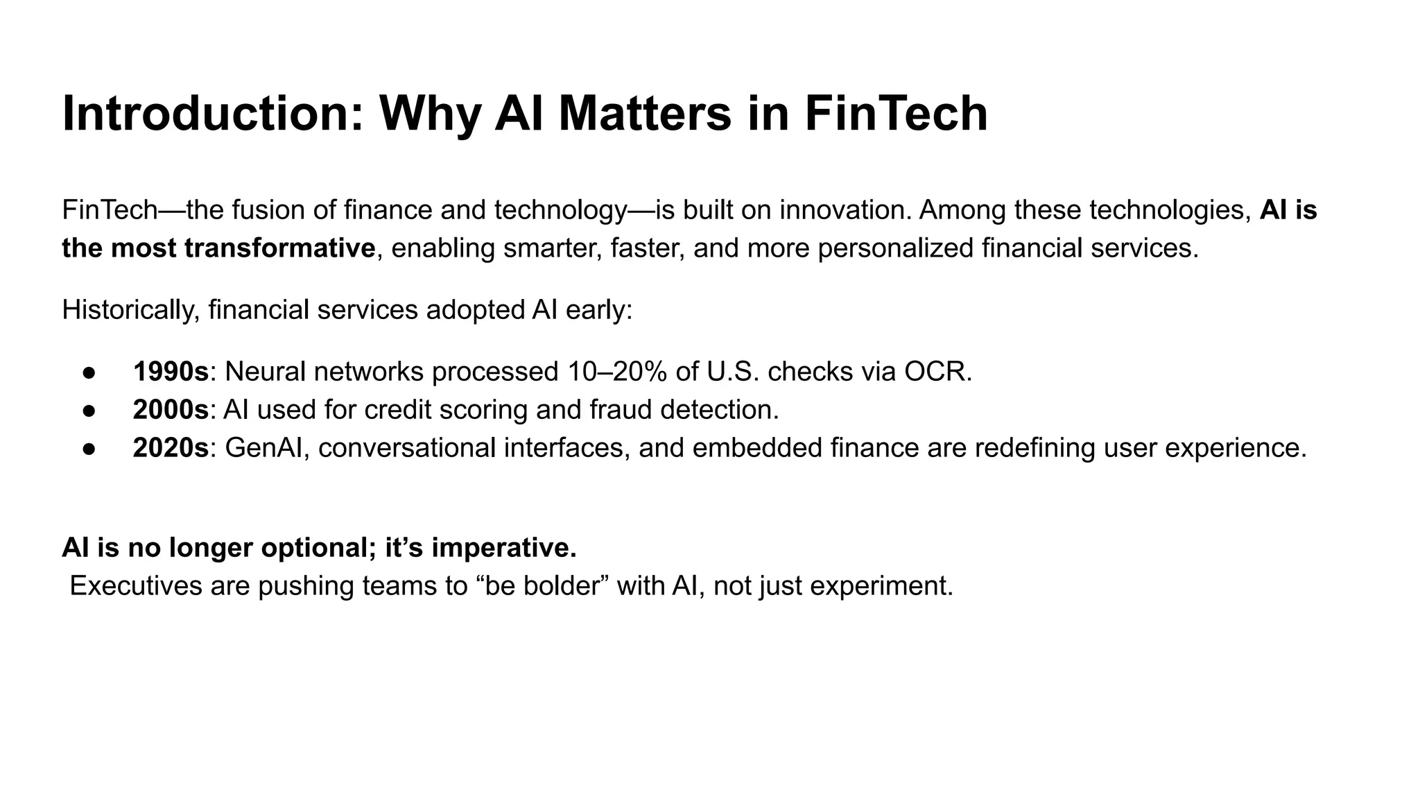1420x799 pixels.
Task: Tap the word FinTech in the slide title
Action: pyautogui.click(x=896, y=114)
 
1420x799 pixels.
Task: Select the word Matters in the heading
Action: pyautogui.click(x=644, y=114)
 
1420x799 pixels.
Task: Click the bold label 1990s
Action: pyautogui.click(x=171, y=372)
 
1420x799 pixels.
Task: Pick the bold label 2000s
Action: pyautogui.click(x=171, y=410)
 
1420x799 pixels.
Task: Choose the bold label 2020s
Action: pyautogui.click(x=171, y=448)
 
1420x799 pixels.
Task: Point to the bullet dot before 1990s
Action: pyautogui.click(x=89, y=372)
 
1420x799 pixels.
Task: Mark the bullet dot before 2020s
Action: pyautogui.click(x=89, y=449)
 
